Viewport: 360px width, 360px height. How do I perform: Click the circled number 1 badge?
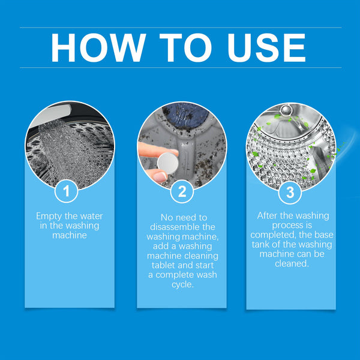tap(67, 192)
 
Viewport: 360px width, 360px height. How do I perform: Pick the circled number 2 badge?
tap(181, 192)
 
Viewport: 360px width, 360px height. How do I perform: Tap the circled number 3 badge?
tap(290, 192)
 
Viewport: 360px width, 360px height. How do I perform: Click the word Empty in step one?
tap(49, 215)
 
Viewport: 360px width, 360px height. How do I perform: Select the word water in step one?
tap(89, 215)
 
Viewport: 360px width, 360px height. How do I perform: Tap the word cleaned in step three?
tap(290, 263)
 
